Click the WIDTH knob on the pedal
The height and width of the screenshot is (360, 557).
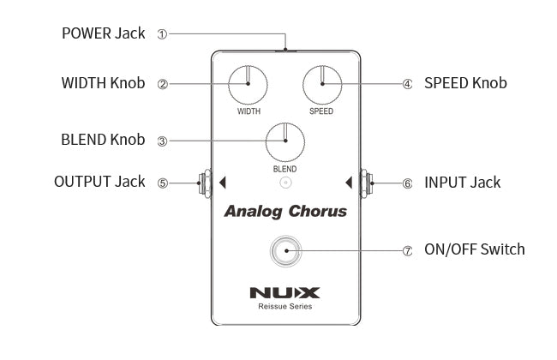[249, 85]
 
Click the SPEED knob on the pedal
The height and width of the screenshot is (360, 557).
[322, 85]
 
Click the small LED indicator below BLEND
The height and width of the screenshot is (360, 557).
[286, 182]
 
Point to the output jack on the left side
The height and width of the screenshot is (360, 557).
[205, 182]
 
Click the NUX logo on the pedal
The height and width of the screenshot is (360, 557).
[285, 291]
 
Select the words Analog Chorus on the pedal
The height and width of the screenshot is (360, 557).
[285, 212]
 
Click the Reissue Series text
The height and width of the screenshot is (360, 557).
[285, 306]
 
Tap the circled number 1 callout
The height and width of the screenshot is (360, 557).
[162, 34]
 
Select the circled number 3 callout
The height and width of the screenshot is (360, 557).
[162, 141]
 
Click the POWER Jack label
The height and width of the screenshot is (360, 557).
[103, 34]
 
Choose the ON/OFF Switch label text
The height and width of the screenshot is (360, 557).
[475, 250]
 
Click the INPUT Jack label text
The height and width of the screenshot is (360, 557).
[463, 183]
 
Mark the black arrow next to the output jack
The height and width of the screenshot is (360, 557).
[222, 182]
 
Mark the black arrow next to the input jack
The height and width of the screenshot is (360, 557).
[349, 182]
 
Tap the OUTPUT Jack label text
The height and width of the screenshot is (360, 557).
[99, 183]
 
